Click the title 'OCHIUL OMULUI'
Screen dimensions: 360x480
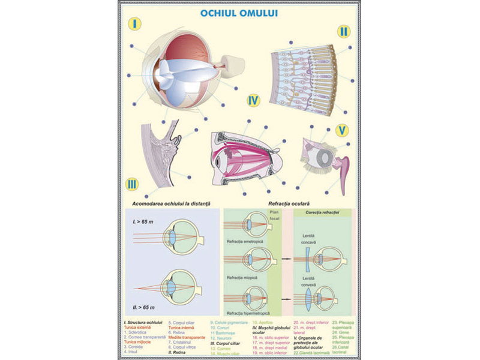point(239,11)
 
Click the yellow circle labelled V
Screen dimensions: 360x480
point(342,130)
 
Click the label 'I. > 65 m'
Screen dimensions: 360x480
point(142,222)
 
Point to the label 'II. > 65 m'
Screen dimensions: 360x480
point(144,306)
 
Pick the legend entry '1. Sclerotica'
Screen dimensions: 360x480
point(139,331)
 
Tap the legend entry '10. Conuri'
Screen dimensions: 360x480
point(220,328)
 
